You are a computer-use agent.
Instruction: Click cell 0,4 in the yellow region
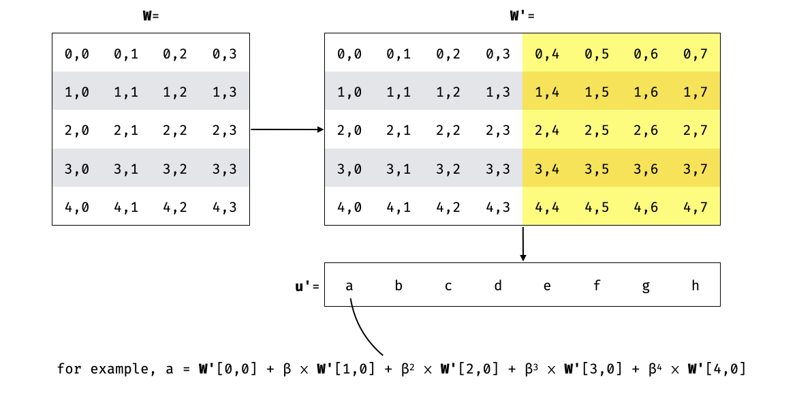click(x=547, y=53)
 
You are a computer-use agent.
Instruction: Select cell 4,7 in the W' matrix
click(x=695, y=207)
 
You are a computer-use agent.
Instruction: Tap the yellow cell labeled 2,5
click(x=597, y=130)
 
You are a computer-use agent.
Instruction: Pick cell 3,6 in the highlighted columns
click(x=646, y=168)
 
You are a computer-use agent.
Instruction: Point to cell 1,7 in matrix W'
click(x=695, y=91)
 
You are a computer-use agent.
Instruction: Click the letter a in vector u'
click(x=349, y=286)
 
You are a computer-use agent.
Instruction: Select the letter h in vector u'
click(x=695, y=286)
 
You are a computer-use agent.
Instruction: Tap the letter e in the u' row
click(x=547, y=286)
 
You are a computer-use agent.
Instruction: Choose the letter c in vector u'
click(x=448, y=286)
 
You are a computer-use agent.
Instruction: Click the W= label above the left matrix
click(x=151, y=16)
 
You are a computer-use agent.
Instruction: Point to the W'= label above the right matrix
click(x=522, y=16)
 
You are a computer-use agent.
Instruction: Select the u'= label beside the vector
click(x=307, y=286)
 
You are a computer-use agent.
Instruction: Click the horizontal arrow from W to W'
click(x=286, y=130)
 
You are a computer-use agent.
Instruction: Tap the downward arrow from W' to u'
click(x=522, y=243)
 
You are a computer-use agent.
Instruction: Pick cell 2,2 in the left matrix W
click(x=175, y=130)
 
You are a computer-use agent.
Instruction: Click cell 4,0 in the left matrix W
click(x=77, y=207)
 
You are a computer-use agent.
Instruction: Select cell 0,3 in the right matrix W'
click(x=498, y=53)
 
